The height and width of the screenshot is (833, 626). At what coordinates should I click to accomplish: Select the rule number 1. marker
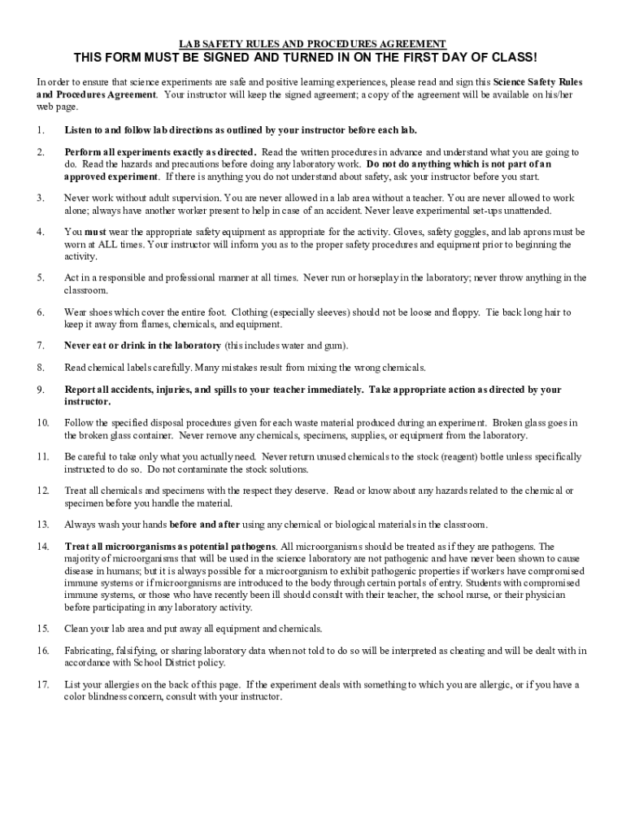41,130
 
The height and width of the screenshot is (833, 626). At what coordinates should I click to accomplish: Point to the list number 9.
41,390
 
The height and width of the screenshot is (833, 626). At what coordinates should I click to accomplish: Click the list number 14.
42,547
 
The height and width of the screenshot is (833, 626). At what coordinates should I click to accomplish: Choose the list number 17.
42,685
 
